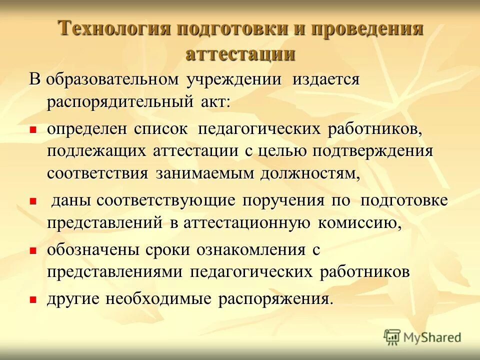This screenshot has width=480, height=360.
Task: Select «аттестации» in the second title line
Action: [240, 54]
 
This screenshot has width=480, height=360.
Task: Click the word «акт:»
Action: [214, 102]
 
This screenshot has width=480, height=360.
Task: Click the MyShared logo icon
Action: [392, 337]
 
